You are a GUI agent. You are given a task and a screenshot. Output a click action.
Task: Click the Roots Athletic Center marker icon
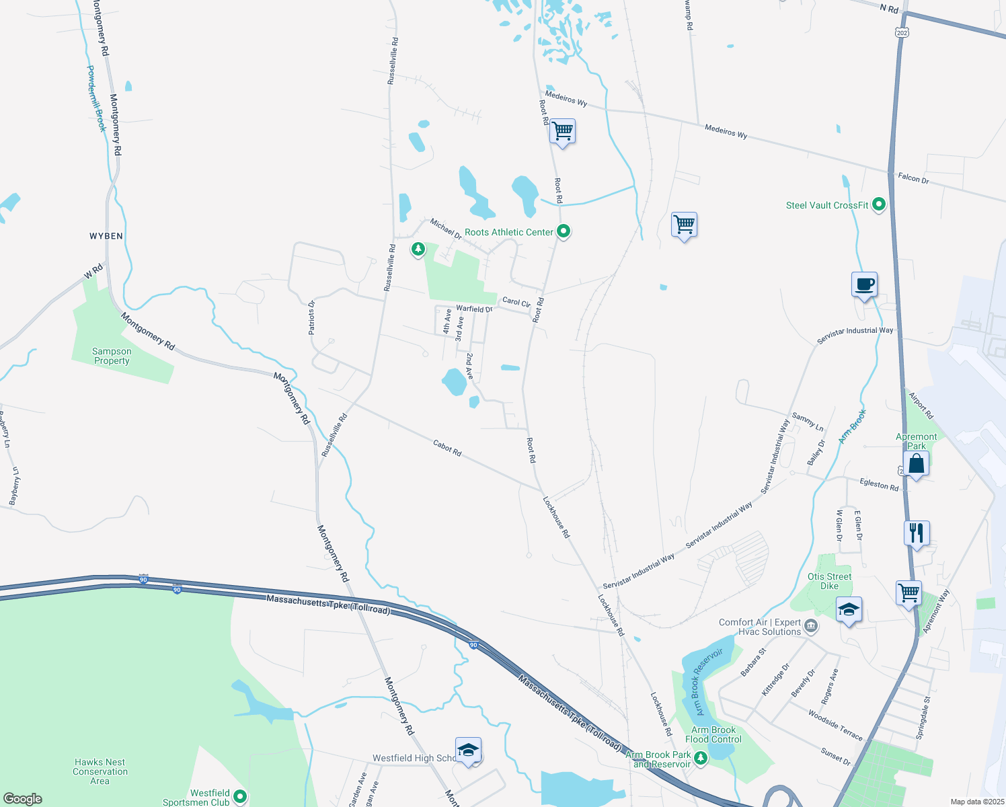click(564, 232)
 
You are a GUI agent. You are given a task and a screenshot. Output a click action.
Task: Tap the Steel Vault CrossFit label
click(827, 205)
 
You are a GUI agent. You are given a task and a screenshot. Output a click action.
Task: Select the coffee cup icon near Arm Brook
click(864, 284)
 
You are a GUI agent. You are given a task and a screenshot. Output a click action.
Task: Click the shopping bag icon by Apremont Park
click(916, 463)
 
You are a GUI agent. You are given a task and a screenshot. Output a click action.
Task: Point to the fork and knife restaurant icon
click(917, 533)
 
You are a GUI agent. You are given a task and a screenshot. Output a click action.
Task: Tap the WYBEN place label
click(106, 236)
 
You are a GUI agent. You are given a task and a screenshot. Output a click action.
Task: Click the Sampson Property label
click(112, 356)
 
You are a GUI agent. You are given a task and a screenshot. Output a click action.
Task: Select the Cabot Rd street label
click(447, 448)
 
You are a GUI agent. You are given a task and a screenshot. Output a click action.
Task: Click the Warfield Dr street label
click(474, 309)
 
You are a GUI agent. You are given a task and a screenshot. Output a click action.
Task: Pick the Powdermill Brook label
click(96, 98)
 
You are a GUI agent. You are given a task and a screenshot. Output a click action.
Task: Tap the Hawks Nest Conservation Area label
click(100, 771)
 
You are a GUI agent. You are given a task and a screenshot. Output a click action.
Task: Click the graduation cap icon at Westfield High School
click(468, 750)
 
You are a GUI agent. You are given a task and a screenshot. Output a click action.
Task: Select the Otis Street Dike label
click(829, 581)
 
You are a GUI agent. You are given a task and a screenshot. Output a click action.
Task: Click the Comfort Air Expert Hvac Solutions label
click(760, 627)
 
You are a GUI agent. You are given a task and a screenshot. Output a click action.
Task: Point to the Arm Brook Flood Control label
click(713, 734)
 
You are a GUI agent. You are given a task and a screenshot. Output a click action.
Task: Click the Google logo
click(22, 799)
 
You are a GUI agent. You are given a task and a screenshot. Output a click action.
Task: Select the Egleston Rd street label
click(879, 484)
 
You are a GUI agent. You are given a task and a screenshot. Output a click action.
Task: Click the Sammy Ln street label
click(808, 422)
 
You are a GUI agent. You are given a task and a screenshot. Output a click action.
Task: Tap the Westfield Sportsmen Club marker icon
click(239, 797)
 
